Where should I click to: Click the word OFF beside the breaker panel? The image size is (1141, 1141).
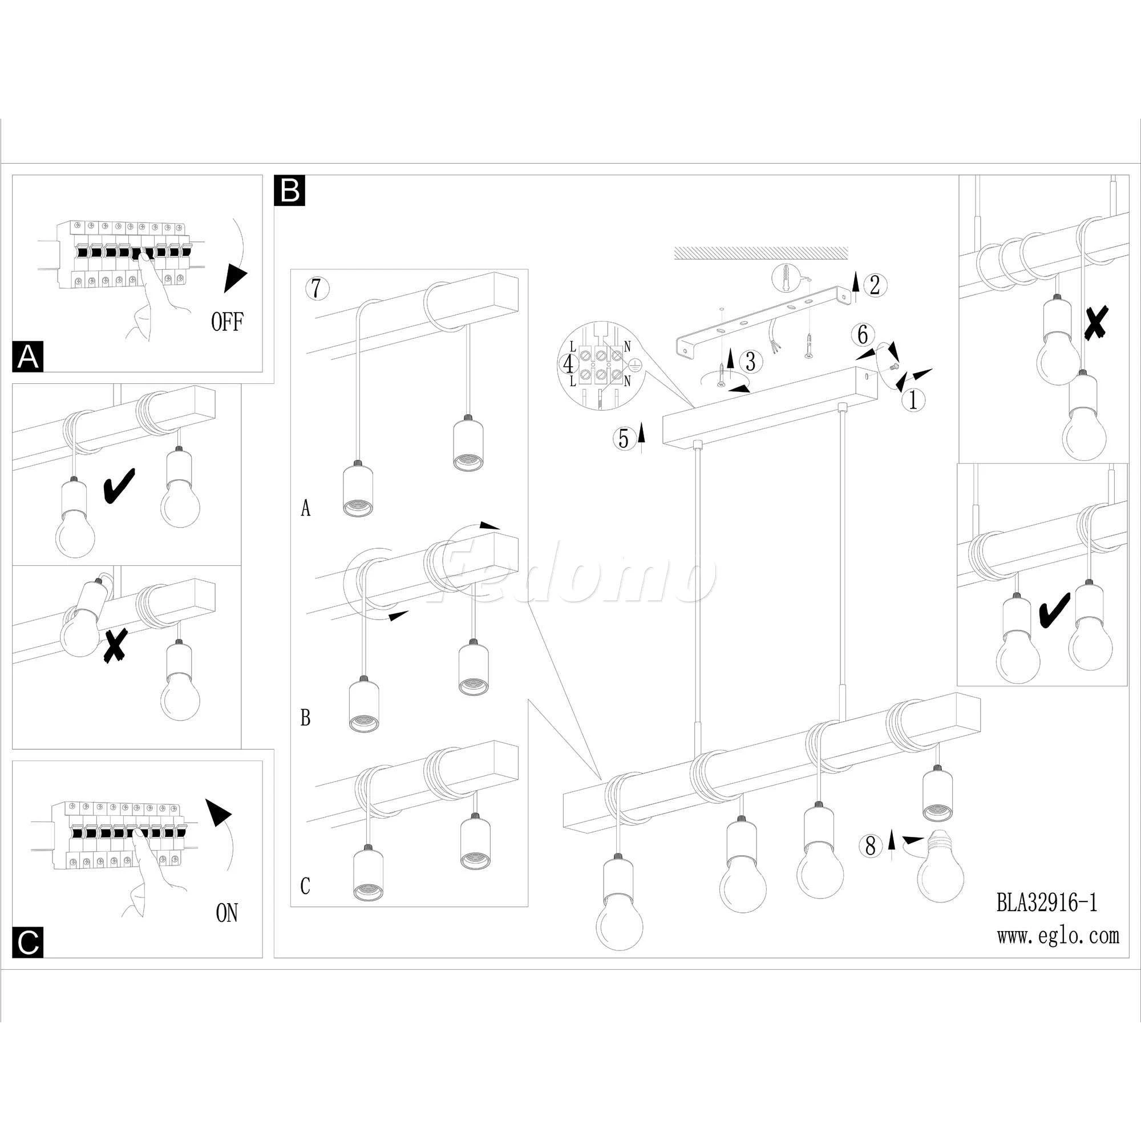(x=227, y=322)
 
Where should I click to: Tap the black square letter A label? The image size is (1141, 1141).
(x=28, y=357)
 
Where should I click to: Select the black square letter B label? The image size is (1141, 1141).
(x=290, y=190)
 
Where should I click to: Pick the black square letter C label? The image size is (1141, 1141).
(x=28, y=942)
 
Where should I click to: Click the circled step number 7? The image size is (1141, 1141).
(x=317, y=288)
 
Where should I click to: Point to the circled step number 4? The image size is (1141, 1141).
(x=569, y=364)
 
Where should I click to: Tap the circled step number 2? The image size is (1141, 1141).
(x=875, y=285)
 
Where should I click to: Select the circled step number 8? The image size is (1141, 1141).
(x=870, y=846)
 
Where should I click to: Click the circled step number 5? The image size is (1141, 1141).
(x=624, y=438)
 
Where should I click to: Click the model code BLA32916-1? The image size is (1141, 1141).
(x=1046, y=903)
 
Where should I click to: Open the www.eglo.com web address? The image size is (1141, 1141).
(x=1058, y=936)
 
